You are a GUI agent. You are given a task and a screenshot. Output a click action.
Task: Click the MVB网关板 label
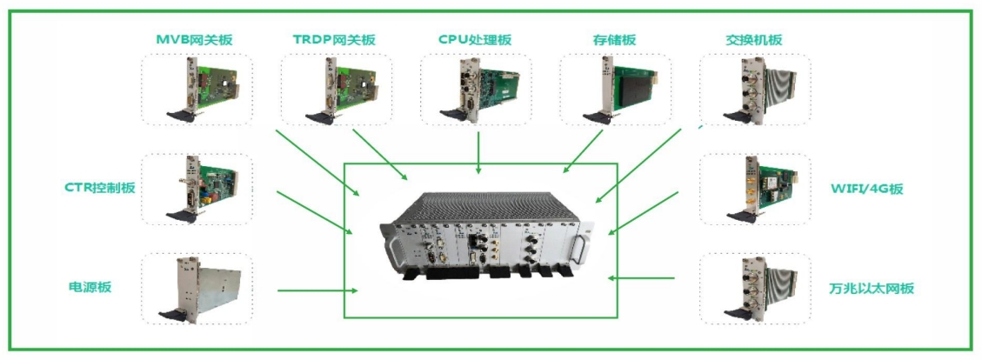[x=194, y=40]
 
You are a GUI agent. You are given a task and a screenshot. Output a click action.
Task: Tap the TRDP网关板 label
[x=334, y=40]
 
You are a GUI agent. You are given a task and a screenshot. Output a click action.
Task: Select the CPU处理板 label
[x=476, y=40]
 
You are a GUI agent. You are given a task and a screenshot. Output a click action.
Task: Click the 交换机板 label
[x=753, y=40]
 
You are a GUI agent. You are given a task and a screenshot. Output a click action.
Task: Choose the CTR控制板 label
[x=100, y=188]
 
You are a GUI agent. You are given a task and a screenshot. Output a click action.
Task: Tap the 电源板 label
[x=90, y=288]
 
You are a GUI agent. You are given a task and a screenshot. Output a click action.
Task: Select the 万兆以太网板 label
[x=872, y=288]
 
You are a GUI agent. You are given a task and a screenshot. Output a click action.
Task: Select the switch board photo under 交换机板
[x=754, y=89]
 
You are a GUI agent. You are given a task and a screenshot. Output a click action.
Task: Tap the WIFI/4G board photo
[x=754, y=188]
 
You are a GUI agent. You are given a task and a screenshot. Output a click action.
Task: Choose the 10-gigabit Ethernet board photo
[x=754, y=288]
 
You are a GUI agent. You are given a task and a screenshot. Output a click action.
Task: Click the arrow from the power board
[x=313, y=290]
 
